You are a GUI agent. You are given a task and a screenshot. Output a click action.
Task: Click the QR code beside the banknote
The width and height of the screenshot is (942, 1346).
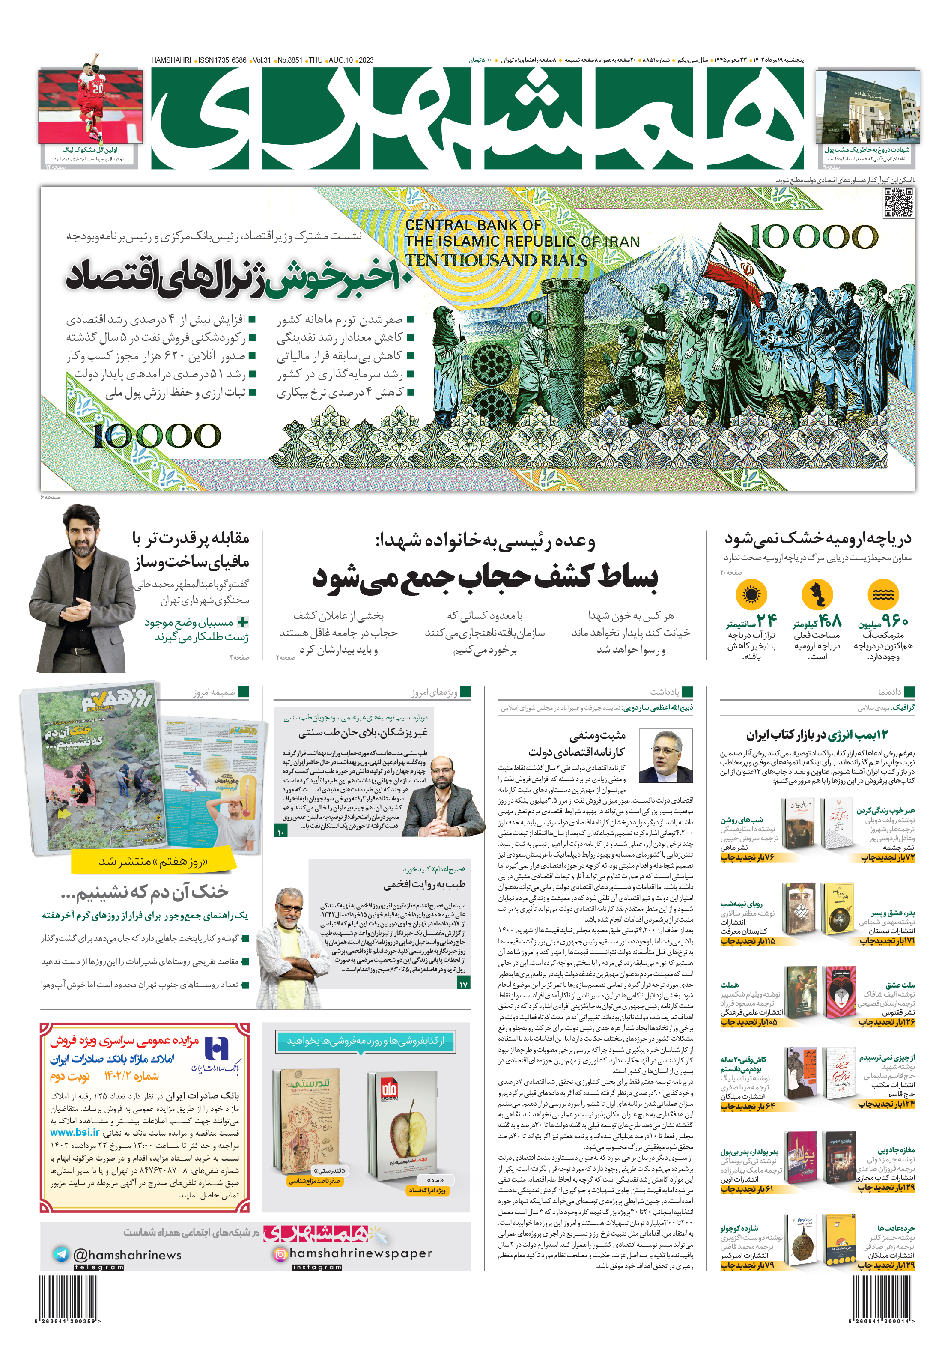coord(897,203)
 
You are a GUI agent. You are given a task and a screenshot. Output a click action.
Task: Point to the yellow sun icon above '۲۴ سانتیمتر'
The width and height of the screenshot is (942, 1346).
coord(751,594)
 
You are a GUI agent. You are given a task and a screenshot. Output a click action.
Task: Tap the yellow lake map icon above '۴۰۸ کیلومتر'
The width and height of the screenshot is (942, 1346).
coord(817,594)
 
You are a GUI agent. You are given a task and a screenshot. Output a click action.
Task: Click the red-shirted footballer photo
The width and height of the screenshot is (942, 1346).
coord(91,105)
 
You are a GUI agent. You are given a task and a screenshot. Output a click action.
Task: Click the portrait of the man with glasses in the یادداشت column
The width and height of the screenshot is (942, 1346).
coord(665,756)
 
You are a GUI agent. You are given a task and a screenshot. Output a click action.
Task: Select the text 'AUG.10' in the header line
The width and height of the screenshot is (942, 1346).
coord(340,60)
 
